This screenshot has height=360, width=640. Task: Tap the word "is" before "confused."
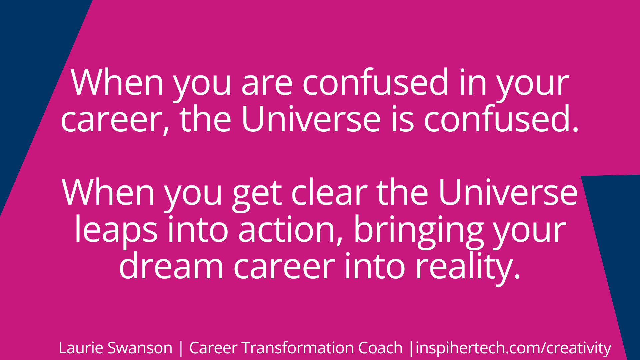(402, 119)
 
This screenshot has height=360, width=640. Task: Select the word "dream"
(171, 267)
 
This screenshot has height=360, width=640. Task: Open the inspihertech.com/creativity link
(513, 348)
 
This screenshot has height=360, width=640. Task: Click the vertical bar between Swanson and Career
(181, 348)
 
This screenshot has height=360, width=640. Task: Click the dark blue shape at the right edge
(617, 250)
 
